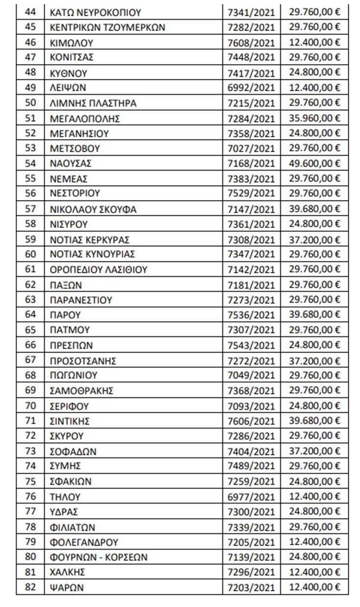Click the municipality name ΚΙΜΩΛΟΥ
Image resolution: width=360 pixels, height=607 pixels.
click(72, 42)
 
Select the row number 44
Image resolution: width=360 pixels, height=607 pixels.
click(30, 12)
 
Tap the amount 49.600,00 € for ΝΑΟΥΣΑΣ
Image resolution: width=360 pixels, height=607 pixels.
click(315, 163)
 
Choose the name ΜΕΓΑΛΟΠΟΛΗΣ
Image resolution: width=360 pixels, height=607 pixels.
click(85, 118)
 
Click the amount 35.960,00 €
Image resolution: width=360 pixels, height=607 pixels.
click(315, 118)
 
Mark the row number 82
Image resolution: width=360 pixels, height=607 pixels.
click(30, 587)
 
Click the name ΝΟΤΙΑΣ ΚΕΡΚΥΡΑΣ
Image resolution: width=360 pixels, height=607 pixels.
click(90, 240)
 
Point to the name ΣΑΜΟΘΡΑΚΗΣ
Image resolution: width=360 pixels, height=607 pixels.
click(82, 391)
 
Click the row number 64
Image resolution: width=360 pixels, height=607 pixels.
click(30, 314)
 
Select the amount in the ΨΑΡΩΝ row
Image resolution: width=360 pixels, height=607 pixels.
click(315, 587)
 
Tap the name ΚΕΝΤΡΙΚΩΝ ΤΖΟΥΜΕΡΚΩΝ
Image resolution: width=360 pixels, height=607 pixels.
click(107, 27)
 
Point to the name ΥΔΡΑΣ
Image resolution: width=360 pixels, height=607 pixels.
click(64, 512)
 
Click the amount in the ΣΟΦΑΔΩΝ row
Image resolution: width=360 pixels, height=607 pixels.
click(315, 451)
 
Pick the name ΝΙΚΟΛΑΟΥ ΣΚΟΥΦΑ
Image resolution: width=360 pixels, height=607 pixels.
click(93, 209)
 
